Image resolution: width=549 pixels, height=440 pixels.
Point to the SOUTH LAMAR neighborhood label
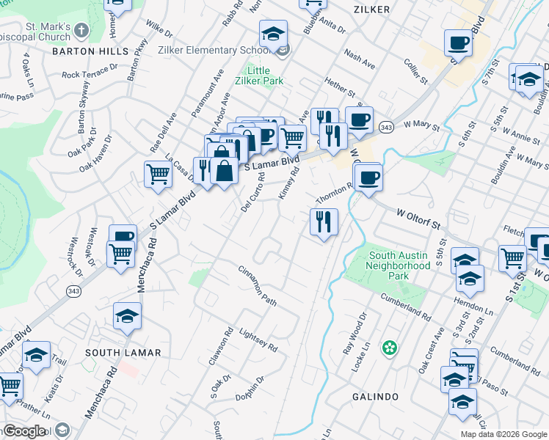click(x=123, y=353)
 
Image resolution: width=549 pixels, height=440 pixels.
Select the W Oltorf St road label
click(x=422, y=215)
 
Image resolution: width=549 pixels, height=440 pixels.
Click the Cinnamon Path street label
click(x=257, y=286)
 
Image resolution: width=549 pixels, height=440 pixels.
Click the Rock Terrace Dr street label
click(x=90, y=71)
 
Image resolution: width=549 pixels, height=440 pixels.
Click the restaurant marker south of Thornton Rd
click(x=324, y=221)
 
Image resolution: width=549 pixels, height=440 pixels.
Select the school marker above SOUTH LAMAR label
click(x=127, y=316)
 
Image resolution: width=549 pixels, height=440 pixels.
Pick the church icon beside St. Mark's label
click(x=81, y=30)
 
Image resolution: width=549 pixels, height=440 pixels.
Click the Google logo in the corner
click(x=24, y=431)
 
